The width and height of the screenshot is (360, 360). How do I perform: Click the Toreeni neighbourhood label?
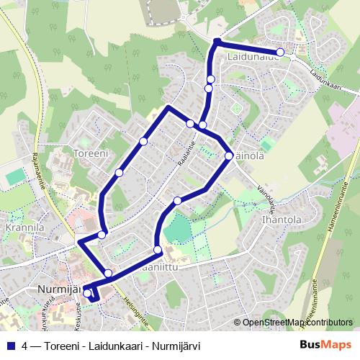coord(91,153)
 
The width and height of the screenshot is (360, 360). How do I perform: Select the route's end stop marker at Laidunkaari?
coord(281,52)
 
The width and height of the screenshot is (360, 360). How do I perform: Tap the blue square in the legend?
coord(10,345)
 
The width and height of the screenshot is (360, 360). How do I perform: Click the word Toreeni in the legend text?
coord(63,345)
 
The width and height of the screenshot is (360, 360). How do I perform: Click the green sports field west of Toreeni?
coord(15,176)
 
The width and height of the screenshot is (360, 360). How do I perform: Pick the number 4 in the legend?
coord(25,345)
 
